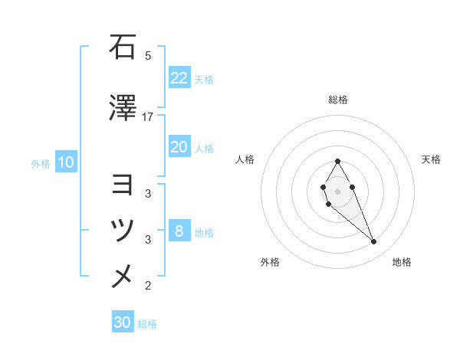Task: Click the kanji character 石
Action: pos(122,47)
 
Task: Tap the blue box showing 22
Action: pos(179,78)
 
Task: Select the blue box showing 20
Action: pos(179,148)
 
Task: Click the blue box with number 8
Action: pos(179,231)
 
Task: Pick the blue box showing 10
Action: pos(65,162)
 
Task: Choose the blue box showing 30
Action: pos(123,322)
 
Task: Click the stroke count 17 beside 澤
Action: pos(148,116)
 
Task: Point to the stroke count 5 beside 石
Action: pos(148,56)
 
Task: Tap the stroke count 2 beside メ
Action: pos(148,286)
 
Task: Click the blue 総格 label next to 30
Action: pos(147,324)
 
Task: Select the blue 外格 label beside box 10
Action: pos(41,163)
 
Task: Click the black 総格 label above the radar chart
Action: pos(337,100)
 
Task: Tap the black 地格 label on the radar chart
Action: pos(402,262)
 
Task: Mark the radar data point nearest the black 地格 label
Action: pos(373,242)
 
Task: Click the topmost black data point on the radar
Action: pos(337,161)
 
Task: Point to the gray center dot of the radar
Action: pos(337,190)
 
